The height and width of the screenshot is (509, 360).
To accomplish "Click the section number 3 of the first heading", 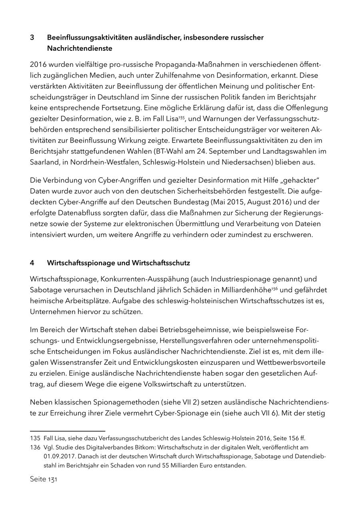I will [32, 38].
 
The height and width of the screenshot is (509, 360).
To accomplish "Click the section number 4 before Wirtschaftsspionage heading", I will [32, 263].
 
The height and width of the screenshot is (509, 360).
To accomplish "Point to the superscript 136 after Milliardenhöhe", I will [274, 288].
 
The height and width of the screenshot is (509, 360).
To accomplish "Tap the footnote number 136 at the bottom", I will [35, 447].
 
